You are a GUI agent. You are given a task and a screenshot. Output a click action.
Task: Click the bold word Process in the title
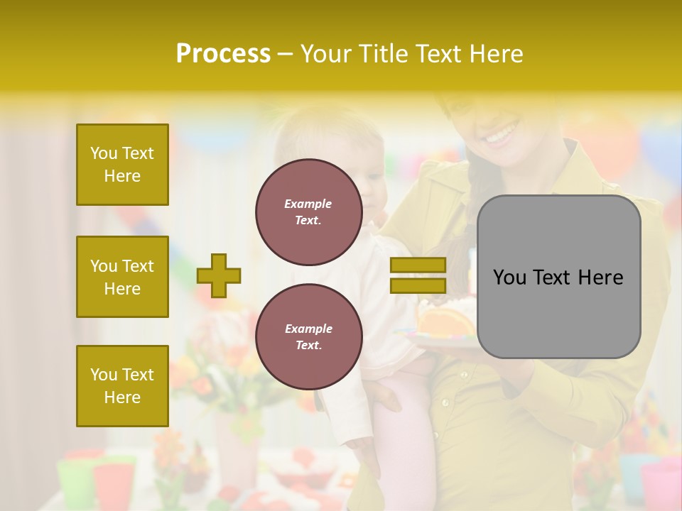point(223,54)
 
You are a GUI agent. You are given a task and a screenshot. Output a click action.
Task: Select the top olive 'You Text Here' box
point(122,165)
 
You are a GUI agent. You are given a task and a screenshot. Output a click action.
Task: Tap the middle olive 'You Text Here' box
point(122,277)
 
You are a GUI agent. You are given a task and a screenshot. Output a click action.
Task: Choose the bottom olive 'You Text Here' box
point(122,386)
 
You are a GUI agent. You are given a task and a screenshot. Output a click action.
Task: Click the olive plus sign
point(219,275)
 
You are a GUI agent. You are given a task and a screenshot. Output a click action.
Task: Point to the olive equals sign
point(418,275)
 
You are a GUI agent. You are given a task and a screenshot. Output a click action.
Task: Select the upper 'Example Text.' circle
point(308,212)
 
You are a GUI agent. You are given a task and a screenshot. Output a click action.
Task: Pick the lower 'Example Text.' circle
point(308,337)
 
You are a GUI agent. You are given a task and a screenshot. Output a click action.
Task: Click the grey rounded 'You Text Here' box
point(558,277)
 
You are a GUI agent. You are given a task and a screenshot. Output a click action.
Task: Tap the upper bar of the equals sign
point(418,265)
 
